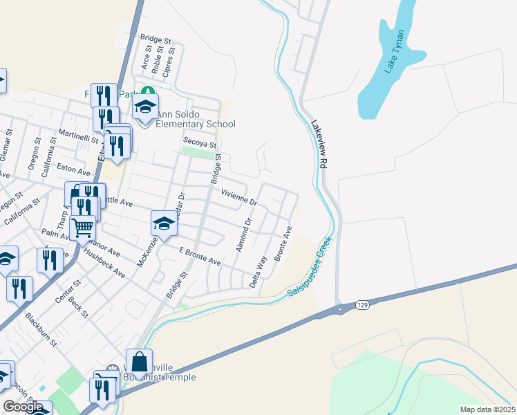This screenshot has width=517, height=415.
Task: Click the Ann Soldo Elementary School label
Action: pos(196,120)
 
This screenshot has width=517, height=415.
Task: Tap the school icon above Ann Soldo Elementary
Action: pos(146,107)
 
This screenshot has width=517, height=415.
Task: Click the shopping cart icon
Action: pos(83,226)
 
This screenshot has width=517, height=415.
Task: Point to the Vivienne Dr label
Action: pos(239,198)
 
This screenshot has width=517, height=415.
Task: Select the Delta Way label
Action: pos(258,272)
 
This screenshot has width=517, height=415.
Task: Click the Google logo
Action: pos(23,407)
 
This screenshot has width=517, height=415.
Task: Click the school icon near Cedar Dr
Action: pos(164,223)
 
